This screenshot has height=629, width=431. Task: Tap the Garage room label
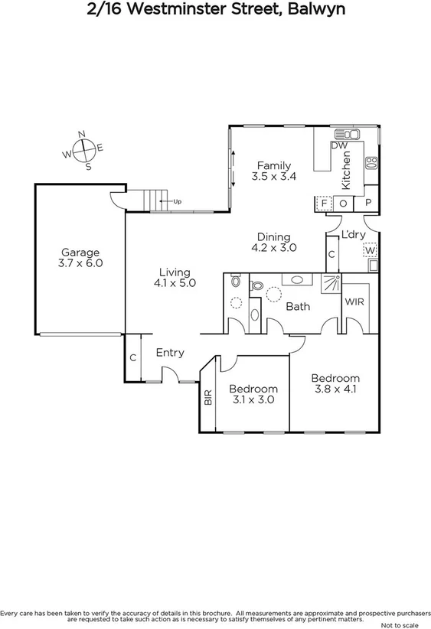[80, 253]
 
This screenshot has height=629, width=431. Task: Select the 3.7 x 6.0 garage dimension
[80, 263]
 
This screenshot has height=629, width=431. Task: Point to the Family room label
[273, 165]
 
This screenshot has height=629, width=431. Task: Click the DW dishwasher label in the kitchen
[340, 145]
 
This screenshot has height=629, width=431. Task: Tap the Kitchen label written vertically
[346, 170]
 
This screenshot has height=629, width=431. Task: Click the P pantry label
[368, 203]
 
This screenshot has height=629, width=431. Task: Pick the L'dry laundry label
[353, 235]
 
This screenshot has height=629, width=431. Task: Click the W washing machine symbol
[371, 250]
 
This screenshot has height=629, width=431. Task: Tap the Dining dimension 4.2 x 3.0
[273, 248]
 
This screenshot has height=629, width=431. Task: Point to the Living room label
[175, 272]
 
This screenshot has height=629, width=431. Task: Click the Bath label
[297, 307]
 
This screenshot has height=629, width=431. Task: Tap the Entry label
[169, 353]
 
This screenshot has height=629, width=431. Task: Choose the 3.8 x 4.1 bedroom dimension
[335, 389]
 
